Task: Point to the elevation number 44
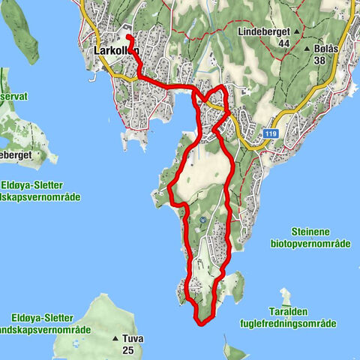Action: (x=283, y=44)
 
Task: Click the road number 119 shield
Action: (x=271, y=132)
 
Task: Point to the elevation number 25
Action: (x=127, y=350)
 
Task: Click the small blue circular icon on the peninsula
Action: (x=202, y=220)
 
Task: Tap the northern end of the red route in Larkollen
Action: (x=128, y=37)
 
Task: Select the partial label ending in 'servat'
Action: (x=14, y=97)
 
